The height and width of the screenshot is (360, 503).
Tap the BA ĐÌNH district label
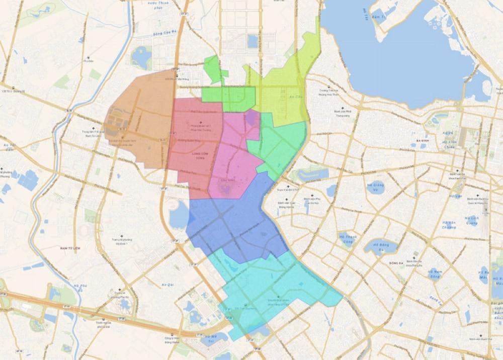422,141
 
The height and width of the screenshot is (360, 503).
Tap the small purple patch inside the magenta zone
250,118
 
